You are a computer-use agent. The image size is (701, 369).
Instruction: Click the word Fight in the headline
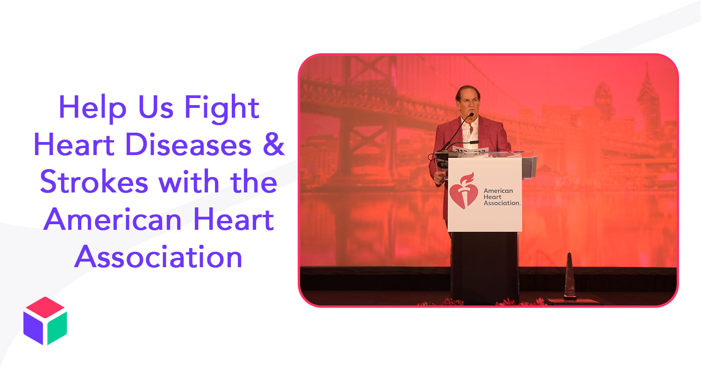tap(222, 108)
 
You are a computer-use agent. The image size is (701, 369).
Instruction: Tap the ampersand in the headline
tap(274, 144)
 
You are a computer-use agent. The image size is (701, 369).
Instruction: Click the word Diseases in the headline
tap(188, 144)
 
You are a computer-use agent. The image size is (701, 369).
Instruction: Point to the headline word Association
tap(158, 256)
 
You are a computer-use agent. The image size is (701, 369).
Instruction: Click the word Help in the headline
tap(93, 108)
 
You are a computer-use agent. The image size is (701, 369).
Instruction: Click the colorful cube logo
tap(45, 320)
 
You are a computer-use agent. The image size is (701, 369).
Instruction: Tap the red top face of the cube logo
tap(45, 307)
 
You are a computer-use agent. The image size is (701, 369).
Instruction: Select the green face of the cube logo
tap(57, 327)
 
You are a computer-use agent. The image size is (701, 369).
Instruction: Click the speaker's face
tap(468, 104)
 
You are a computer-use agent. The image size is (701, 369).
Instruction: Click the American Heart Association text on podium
tap(501, 197)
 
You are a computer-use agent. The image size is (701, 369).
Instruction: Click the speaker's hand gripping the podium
tap(439, 178)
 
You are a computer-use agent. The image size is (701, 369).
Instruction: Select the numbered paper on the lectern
tap(470, 152)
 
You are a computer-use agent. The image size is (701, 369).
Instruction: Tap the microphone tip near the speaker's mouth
tap(471, 114)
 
